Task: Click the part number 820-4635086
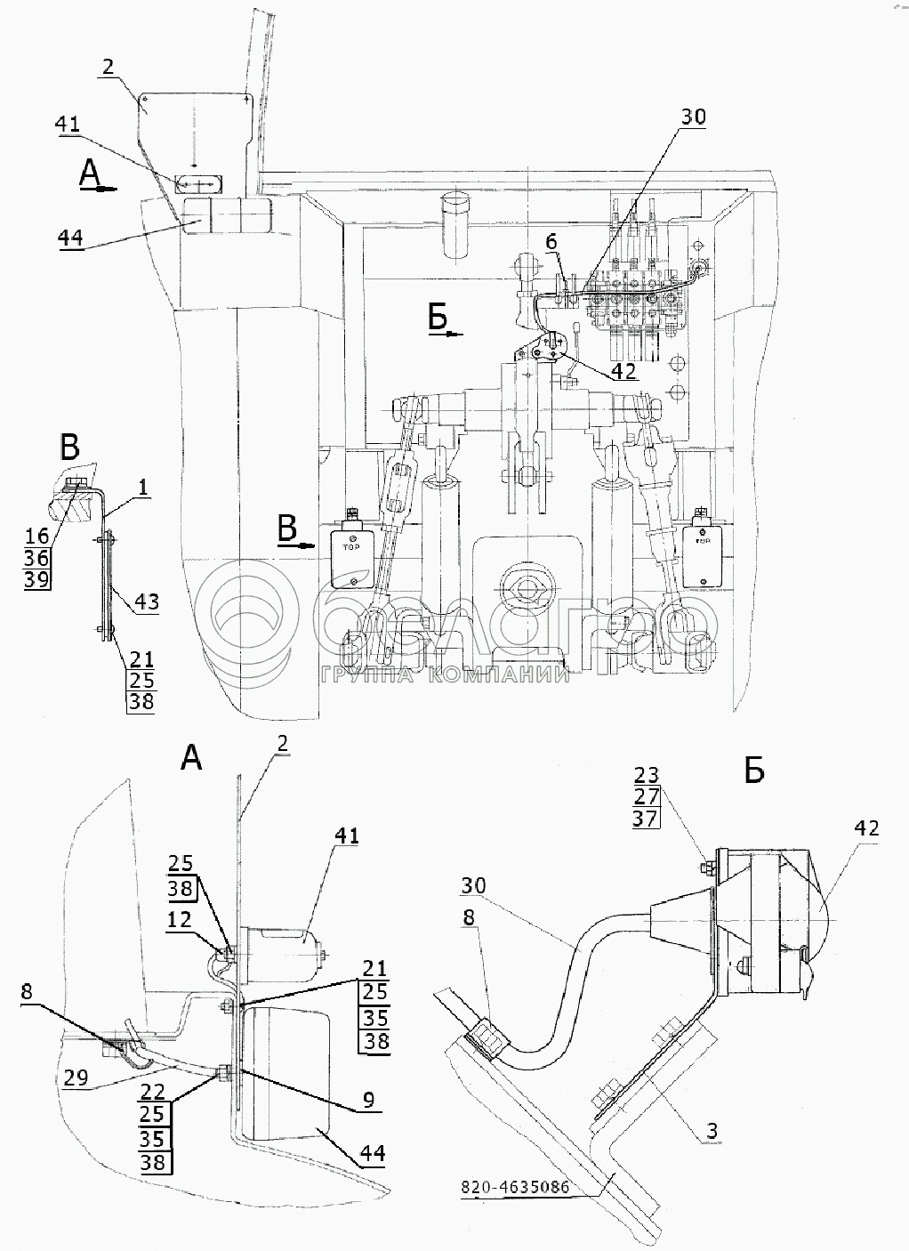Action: (x=517, y=1188)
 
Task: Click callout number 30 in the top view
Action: (x=693, y=117)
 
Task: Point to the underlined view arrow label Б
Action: (x=438, y=318)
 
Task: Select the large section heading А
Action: (x=191, y=757)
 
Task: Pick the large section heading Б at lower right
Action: (x=753, y=771)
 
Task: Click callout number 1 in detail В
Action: (x=144, y=487)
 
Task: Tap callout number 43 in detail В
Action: (x=146, y=602)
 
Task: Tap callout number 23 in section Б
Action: (x=646, y=773)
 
